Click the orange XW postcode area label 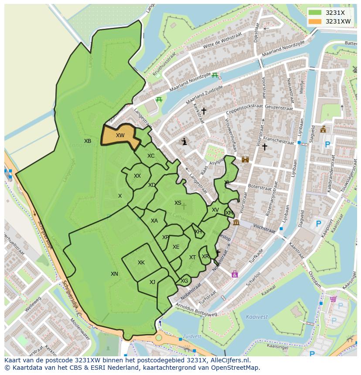[x=120, y=135]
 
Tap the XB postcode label [x=88, y=141]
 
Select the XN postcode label [x=114, y=274]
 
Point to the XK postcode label [x=141, y=263]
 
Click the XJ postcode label [x=152, y=282]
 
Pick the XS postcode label [x=178, y=203]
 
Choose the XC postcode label [x=151, y=156]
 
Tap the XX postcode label [x=137, y=176]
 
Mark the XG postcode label [x=184, y=281]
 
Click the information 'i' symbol [x=184, y=142]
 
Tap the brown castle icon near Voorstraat [x=245, y=159]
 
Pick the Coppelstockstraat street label [x=244, y=111]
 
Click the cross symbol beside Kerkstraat [x=204, y=111]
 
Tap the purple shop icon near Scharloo [x=235, y=274]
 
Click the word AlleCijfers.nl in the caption [x=229, y=360]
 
